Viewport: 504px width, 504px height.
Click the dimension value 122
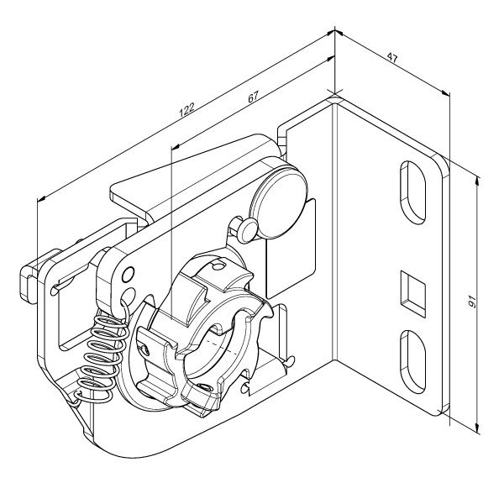[x=186, y=109]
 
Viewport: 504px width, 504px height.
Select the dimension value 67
[x=254, y=97]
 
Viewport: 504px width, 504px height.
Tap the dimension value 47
[x=392, y=58]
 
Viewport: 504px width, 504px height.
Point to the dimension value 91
[x=472, y=302]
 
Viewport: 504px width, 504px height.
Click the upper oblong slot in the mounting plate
[x=413, y=192]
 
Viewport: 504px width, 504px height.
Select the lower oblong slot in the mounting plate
[x=413, y=361]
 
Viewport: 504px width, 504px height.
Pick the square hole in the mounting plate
[x=413, y=294]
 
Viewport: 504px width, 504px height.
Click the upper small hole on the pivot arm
[x=129, y=276]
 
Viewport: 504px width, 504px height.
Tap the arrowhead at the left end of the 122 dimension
[x=41, y=200]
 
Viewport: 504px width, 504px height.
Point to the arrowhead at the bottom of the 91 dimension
[x=478, y=428]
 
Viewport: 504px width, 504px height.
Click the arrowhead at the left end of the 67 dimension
[x=176, y=147]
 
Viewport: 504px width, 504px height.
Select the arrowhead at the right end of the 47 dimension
[x=446, y=93]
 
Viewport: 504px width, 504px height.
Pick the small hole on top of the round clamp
[x=218, y=265]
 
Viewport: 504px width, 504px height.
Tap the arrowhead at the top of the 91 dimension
[x=478, y=182]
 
